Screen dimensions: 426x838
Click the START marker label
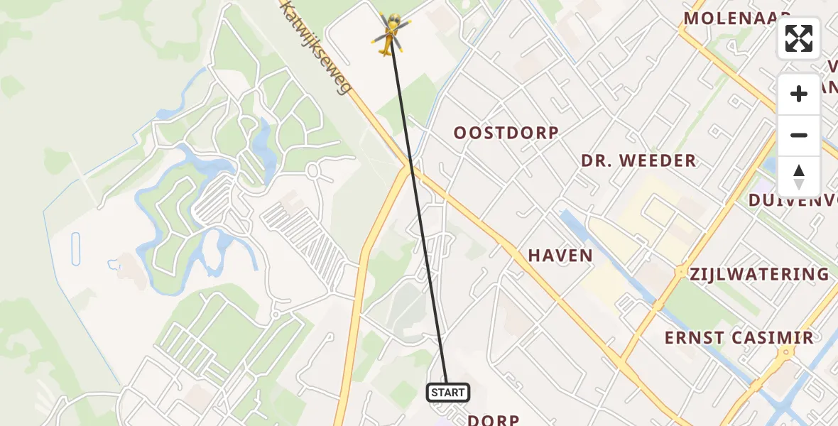447,392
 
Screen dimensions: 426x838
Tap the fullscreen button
799,38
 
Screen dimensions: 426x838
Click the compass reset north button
799,177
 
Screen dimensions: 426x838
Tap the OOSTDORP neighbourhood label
506,133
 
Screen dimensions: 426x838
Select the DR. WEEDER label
638,160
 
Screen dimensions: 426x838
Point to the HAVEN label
560,256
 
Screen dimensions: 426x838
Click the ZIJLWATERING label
759,274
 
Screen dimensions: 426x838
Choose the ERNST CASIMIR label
739,337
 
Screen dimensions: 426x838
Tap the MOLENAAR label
737,18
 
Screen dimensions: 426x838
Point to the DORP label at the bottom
494,420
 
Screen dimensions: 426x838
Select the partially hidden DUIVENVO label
793,200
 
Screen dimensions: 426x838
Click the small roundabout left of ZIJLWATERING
680,272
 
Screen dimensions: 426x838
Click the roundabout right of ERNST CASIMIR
787,353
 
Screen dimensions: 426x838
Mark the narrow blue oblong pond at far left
76,248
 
